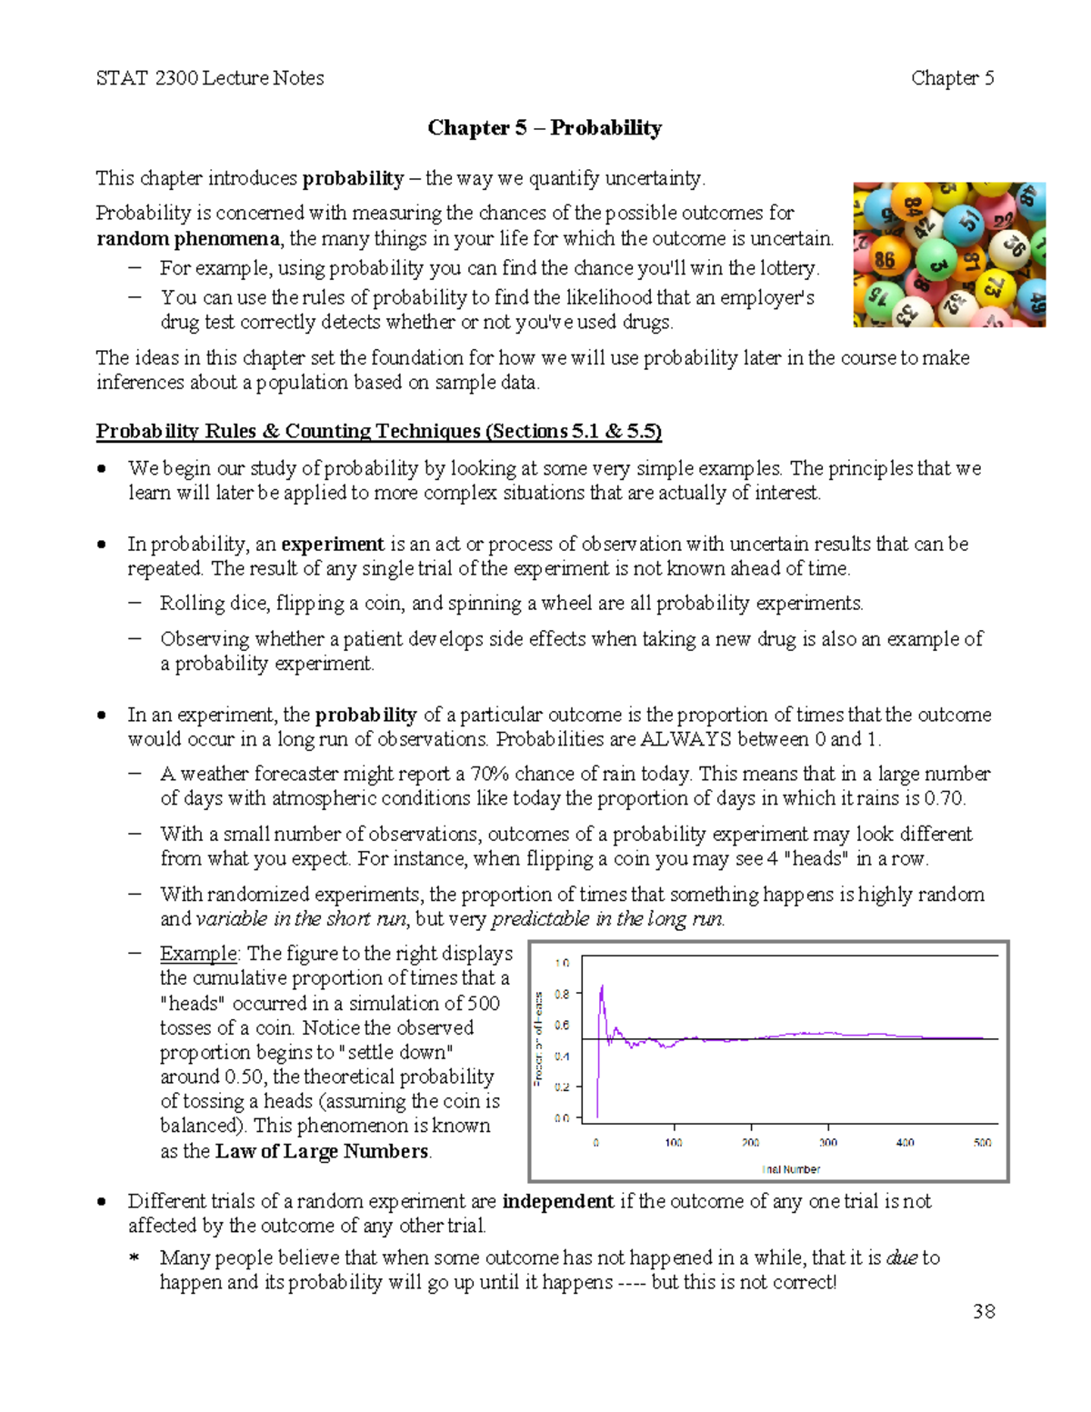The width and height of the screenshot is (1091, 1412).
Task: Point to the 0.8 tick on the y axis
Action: (562, 994)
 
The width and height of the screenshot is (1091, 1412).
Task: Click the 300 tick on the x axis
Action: (827, 1142)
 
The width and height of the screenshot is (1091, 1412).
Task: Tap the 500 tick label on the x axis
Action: (982, 1142)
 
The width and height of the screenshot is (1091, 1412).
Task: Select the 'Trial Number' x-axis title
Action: (790, 1169)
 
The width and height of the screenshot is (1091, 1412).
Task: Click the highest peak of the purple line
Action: (601, 986)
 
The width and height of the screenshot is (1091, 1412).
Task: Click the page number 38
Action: (984, 1311)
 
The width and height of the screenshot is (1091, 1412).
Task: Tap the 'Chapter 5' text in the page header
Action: (952, 78)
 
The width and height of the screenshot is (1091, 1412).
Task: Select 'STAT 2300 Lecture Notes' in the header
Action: (210, 78)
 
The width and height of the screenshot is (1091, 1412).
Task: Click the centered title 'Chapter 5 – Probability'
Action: (545, 127)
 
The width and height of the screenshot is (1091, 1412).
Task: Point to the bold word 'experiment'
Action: (333, 544)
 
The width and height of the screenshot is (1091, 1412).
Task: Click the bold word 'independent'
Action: (557, 1201)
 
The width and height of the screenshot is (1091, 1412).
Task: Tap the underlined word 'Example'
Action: (198, 954)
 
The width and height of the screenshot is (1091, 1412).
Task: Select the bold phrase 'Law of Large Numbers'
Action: (322, 1151)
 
